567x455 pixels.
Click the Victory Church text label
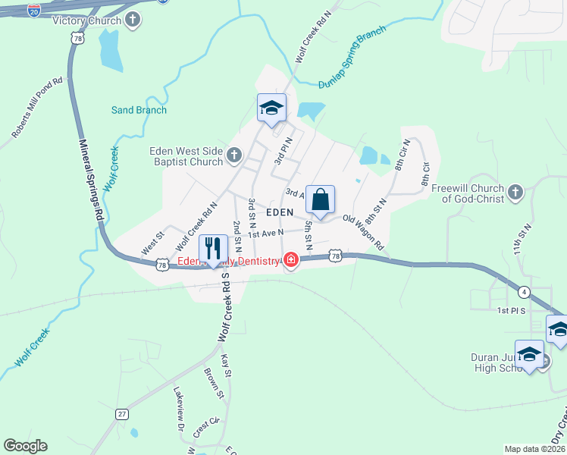pos(87,20)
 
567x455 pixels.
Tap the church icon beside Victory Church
pos(133,20)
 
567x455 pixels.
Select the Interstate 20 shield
pos(34,11)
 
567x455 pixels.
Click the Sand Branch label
pos(139,110)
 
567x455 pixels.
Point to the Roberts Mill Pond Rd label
pos(36,108)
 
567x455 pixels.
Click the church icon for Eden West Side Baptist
pos(234,156)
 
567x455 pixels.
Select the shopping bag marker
pos(320,201)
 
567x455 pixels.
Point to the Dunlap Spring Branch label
pos(352,57)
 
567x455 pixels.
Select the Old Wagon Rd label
pos(364,231)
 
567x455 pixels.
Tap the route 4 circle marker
pos(524,291)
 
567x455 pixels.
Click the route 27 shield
pos(122,414)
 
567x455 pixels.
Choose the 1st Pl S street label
pos(512,311)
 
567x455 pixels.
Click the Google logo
pos(25,446)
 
